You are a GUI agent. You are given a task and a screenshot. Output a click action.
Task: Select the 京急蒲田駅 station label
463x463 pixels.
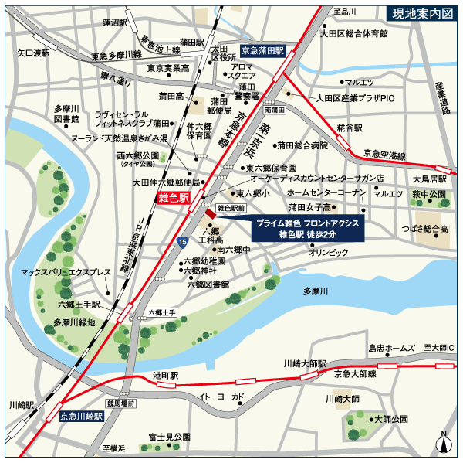tap(262, 49)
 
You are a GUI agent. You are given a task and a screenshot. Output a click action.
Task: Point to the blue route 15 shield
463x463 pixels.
tap(181, 243)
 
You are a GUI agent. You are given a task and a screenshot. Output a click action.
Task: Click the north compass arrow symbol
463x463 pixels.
tap(444, 444)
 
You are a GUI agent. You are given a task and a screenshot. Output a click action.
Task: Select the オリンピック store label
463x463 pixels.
tap(330, 252)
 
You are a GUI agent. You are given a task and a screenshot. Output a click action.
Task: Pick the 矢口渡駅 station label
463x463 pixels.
tap(34, 53)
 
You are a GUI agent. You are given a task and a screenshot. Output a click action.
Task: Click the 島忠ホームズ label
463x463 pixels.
tap(392, 349)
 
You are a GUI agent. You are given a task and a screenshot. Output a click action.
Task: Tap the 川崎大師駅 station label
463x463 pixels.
tap(305, 363)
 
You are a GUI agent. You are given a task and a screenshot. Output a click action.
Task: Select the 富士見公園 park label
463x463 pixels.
tap(170, 437)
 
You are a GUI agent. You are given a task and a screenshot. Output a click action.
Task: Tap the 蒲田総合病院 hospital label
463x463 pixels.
tap(302, 145)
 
